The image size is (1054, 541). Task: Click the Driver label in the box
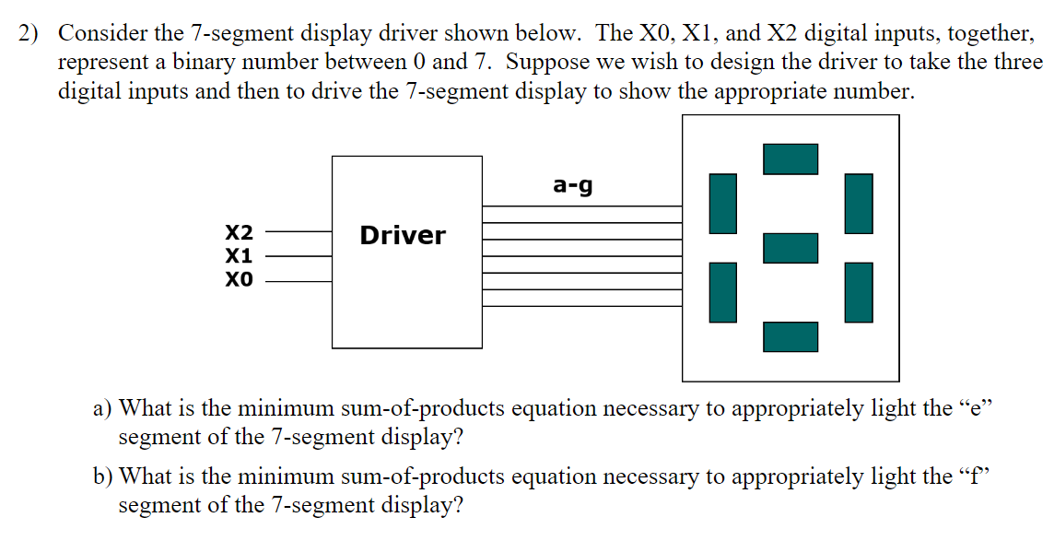[403, 236]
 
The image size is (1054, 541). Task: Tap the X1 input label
[240, 255]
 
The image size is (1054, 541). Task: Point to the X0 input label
[240, 278]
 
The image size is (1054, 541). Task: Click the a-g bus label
[573, 185]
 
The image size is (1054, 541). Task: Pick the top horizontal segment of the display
[790, 159]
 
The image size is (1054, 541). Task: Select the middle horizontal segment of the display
[790, 247]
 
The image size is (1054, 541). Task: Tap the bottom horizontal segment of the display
[790, 336]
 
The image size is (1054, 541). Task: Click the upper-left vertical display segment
[723, 203]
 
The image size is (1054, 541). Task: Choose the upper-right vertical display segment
[859, 203]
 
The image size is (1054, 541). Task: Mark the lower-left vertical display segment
[723, 292]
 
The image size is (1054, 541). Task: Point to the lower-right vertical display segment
[859, 292]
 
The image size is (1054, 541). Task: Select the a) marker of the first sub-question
[102, 408]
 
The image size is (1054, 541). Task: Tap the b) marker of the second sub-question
[103, 477]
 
